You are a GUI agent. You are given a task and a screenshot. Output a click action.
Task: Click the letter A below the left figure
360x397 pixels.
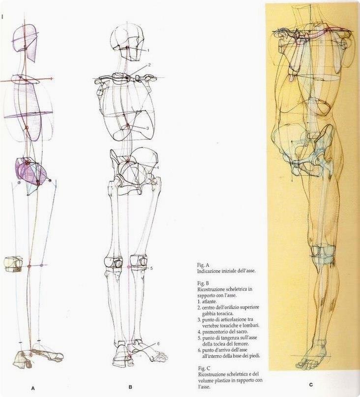[33, 388]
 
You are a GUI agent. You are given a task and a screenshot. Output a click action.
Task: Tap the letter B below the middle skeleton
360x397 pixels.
[130, 387]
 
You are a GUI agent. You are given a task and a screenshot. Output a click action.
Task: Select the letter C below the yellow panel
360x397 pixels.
[310, 385]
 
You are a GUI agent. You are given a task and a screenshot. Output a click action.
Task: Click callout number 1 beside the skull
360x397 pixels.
[148, 50]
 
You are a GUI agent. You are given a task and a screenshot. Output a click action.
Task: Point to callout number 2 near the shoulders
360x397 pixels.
[149, 64]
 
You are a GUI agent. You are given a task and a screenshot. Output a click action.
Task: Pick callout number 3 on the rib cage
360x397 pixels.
[148, 128]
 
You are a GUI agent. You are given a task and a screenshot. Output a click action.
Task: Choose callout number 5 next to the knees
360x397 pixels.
[152, 268]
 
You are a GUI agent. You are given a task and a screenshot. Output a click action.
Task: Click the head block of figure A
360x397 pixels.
[26, 42]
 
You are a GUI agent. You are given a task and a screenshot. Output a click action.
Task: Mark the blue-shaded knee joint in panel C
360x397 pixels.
[323, 253]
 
